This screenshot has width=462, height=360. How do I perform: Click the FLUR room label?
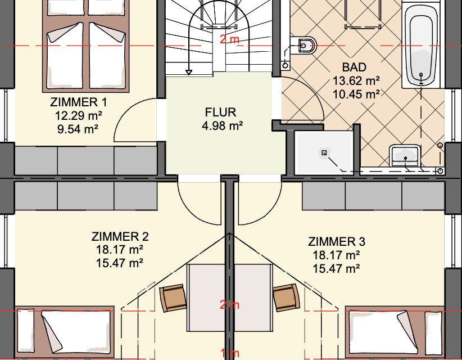(221, 112)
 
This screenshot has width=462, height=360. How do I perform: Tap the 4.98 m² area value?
(221, 125)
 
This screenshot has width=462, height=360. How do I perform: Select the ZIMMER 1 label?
(78, 102)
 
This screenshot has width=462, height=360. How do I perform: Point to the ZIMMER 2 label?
(120, 236)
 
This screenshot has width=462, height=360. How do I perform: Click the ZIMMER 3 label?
(337, 242)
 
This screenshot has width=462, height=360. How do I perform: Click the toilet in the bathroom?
(306, 44)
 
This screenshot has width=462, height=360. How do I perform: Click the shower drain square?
(324, 152)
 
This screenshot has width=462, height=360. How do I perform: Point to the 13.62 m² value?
(357, 82)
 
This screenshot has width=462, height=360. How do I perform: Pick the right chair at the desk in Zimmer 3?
(286, 296)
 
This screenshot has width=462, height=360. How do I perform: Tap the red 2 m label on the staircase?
(229, 39)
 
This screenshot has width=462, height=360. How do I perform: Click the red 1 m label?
(229, 354)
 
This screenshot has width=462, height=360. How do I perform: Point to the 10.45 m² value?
(357, 94)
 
